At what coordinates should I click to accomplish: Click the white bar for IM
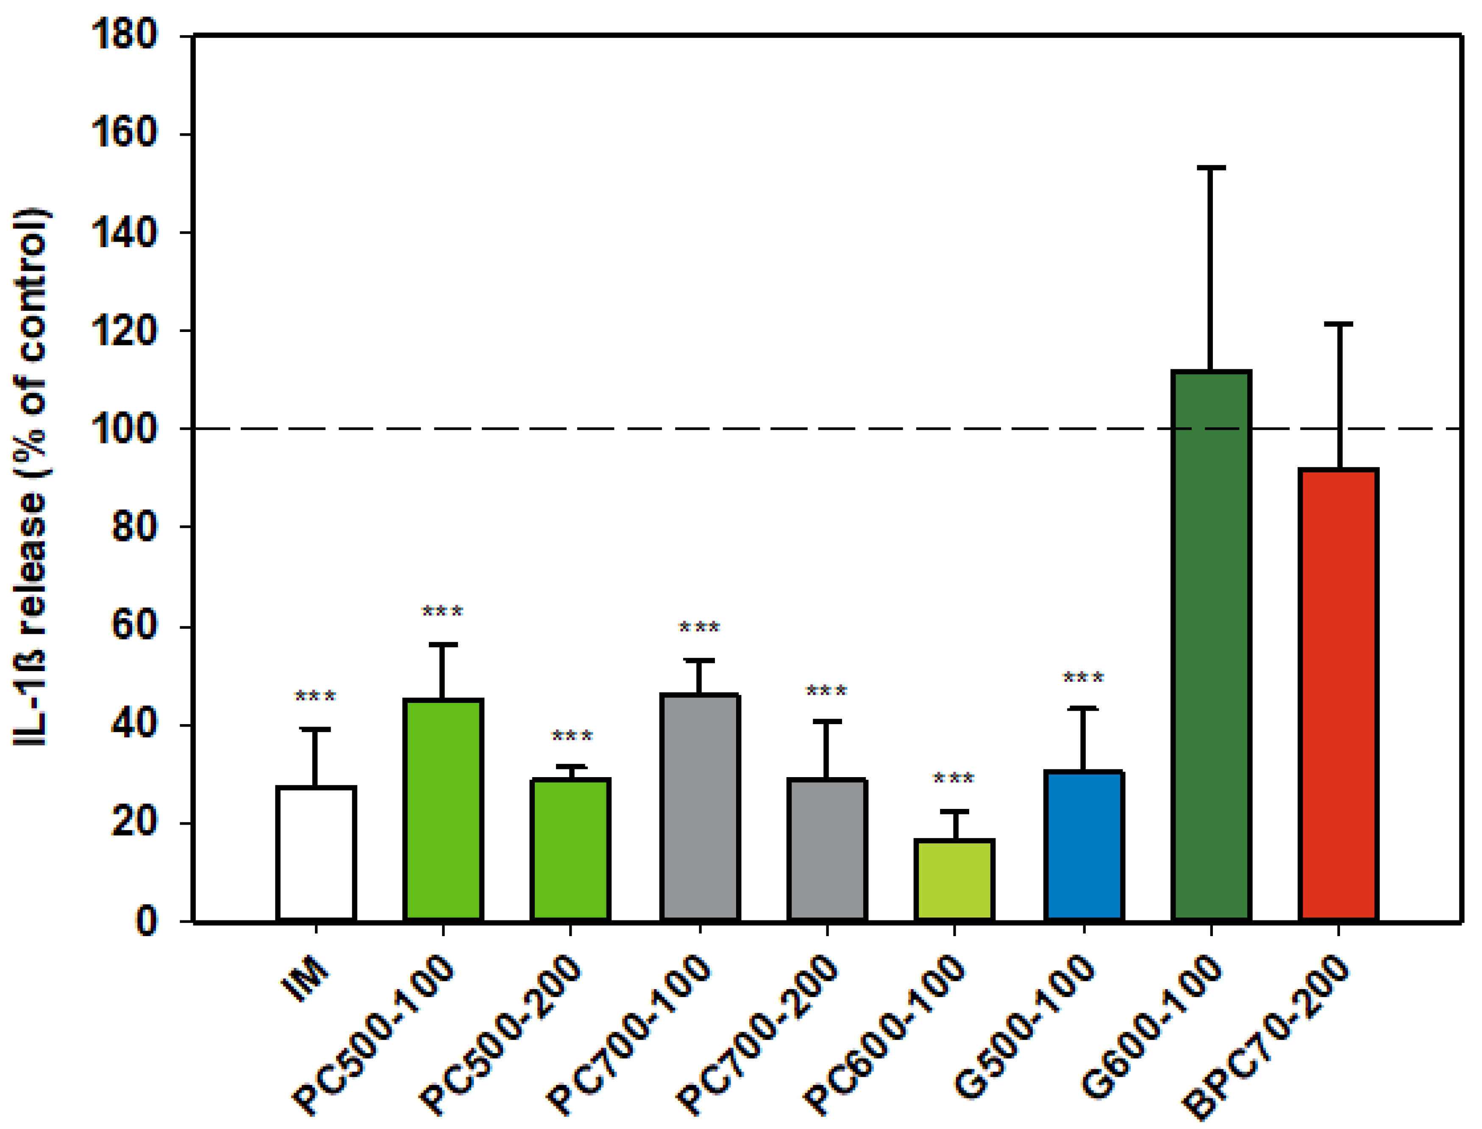[x=316, y=853]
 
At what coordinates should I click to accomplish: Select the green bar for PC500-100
[x=443, y=810]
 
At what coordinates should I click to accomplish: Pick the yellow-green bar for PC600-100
[x=954, y=881]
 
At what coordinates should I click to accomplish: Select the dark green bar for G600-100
[x=1211, y=645]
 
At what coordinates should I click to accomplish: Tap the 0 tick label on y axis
[x=147, y=921]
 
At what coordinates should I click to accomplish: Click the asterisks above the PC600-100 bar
[x=954, y=780]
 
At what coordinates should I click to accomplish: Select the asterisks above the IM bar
[x=316, y=697]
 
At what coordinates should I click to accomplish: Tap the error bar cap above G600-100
[x=1211, y=167]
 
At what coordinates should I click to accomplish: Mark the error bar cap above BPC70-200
[x=1338, y=324]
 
